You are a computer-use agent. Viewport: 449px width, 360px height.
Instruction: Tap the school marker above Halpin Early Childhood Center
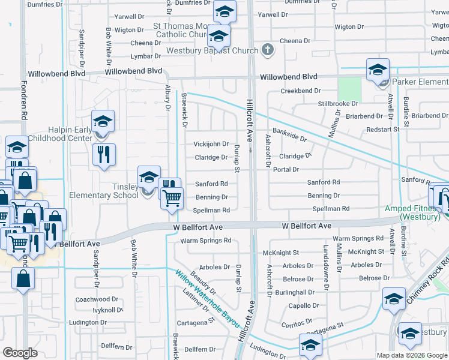click(x=103, y=122)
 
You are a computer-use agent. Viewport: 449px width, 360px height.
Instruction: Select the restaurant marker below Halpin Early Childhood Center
click(x=104, y=155)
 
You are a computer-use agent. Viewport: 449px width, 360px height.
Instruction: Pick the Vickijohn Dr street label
click(x=211, y=144)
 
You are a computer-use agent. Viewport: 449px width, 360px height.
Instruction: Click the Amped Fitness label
click(x=411, y=212)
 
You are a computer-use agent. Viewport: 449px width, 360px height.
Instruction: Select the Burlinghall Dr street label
click(x=295, y=292)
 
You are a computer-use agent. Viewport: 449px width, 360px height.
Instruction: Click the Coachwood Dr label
click(x=93, y=299)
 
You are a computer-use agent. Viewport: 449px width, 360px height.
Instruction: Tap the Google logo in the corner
click(x=20, y=353)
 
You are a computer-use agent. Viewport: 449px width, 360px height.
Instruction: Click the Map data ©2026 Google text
click(x=412, y=355)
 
